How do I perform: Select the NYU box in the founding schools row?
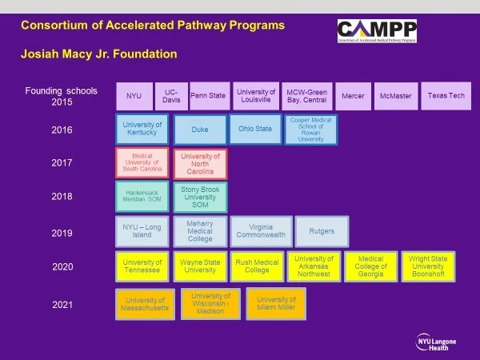[134, 96]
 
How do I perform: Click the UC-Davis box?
[170, 96]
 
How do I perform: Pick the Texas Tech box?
[446, 96]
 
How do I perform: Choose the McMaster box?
[395, 96]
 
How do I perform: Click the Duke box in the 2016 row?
[200, 129]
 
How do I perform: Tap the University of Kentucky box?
[142, 129]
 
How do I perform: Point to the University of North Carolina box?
[200, 162]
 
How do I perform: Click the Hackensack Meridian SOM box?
[142, 196]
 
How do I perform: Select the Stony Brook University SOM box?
[200, 197]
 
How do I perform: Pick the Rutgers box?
[322, 232]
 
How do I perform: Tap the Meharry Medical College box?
[200, 232]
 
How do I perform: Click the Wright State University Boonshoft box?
[428, 266]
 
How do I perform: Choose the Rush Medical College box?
[257, 266]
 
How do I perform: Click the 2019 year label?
[62, 233]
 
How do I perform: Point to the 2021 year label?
[62, 305]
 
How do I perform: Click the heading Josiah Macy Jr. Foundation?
[98, 54]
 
